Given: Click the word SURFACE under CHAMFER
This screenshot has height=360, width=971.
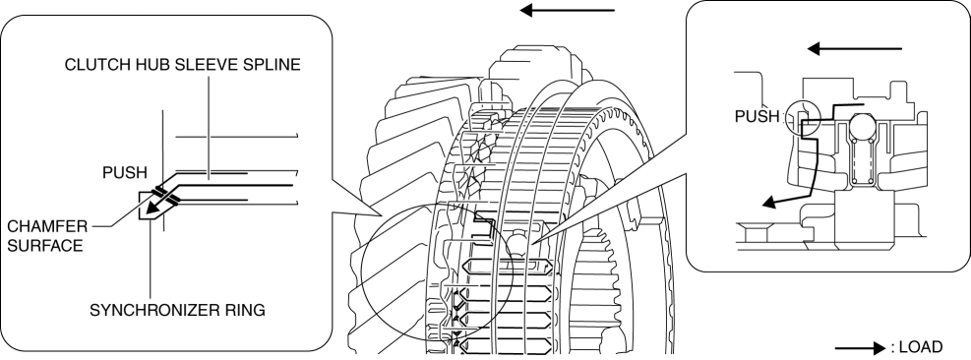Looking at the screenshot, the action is pyautogui.click(x=44, y=246).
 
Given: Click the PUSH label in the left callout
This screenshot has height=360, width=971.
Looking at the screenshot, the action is pyautogui.click(x=125, y=173).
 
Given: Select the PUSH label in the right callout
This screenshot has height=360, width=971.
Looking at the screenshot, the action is pyautogui.click(x=757, y=116).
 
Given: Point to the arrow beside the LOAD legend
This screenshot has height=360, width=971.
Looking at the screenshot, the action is pyautogui.click(x=860, y=348).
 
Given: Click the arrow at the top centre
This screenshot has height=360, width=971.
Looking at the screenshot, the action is pyautogui.click(x=567, y=10).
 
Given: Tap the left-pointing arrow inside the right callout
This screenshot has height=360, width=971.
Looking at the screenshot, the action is pyautogui.click(x=855, y=48).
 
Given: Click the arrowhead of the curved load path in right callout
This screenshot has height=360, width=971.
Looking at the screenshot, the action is pyautogui.click(x=769, y=203).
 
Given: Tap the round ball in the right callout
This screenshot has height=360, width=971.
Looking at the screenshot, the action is pyautogui.click(x=865, y=129).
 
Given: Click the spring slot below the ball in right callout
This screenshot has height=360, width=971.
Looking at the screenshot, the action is pyautogui.click(x=865, y=161).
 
